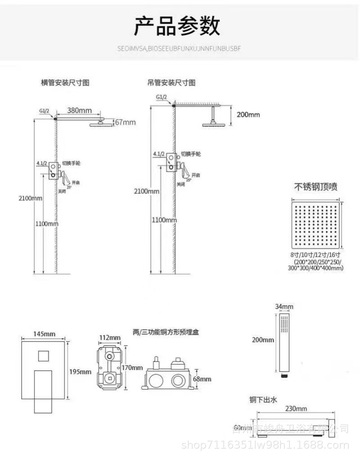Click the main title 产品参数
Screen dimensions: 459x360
[x=177, y=26]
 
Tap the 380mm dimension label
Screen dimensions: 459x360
[x=79, y=110]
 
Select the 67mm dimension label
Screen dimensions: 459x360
[x=126, y=122]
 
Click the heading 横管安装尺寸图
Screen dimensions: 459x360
[x=65, y=83]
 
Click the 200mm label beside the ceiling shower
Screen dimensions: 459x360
[x=248, y=114]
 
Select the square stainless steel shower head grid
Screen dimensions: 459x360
[x=316, y=225]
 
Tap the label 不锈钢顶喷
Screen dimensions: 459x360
[x=316, y=186]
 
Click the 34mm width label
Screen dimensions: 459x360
[x=284, y=307]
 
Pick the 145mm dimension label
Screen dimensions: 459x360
[x=45, y=333]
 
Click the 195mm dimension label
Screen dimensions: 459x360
[x=80, y=372]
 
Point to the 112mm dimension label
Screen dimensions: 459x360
[x=109, y=337]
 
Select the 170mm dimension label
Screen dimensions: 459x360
[x=132, y=368]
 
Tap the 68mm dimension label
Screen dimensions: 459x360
[x=202, y=379]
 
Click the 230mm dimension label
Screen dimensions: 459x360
[x=296, y=409]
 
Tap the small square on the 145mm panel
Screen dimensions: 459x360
[x=44, y=356]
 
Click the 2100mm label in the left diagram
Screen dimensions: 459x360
[x=31, y=198]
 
